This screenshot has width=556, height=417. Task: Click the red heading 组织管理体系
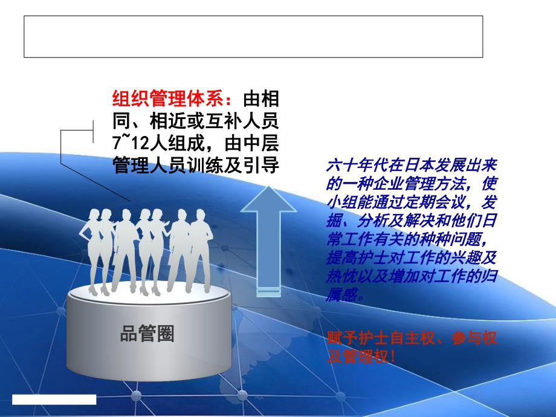(x=167, y=99)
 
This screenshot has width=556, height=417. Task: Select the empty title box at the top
(x=253, y=37)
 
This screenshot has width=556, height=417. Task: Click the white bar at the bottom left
(x=54, y=399)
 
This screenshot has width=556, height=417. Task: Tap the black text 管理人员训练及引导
(x=196, y=166)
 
